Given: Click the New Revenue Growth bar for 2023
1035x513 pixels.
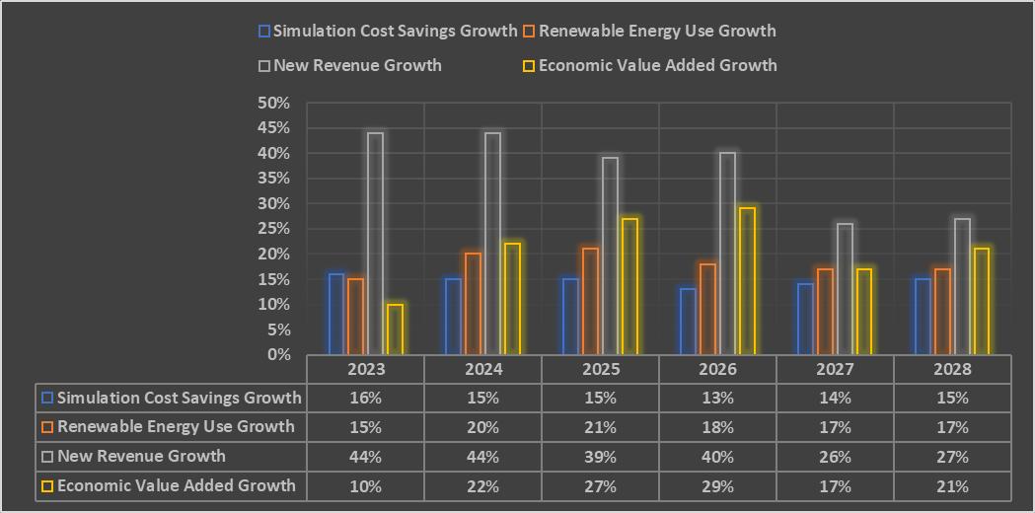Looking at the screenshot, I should [375, 244].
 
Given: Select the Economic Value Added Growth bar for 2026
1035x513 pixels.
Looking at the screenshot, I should [746, 281].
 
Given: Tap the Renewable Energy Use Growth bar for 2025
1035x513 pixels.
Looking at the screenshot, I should [590, 301].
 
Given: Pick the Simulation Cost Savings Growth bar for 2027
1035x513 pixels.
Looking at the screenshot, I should [805, 319].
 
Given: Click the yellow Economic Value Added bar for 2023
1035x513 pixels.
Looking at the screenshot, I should [395, 330].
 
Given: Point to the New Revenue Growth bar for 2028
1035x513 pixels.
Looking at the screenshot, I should [962, 286].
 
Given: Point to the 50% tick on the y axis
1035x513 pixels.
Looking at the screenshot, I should [274, 103].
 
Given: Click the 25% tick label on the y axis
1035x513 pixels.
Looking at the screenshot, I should [274, 229].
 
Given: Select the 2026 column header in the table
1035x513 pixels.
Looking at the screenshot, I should [717, 369].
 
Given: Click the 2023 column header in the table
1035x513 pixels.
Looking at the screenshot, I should [366, 369].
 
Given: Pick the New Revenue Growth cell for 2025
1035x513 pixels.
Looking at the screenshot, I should [601, 457].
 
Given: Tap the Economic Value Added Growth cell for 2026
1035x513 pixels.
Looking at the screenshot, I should [717, 486].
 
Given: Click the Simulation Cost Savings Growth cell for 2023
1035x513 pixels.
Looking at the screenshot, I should [366, 399].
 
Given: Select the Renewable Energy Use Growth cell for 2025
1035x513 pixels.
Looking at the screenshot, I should [601, 427].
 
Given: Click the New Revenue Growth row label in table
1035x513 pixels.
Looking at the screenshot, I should [141, 457].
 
